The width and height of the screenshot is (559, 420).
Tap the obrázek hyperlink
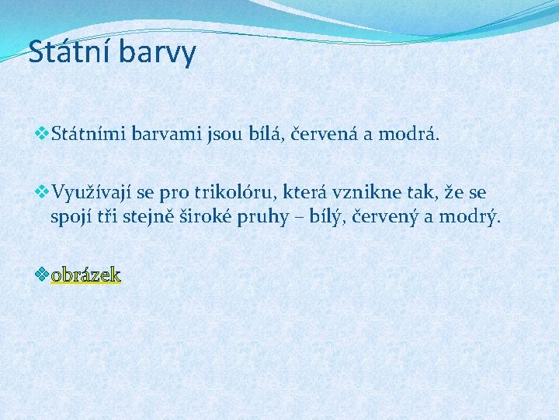point(85,275)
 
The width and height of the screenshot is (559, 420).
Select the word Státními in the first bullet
point(85,135)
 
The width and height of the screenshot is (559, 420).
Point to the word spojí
point(68,216)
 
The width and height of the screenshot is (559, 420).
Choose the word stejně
point(151,216)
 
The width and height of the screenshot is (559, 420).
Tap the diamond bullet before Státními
point(43,135)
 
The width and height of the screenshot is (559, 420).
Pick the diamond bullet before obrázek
point(43,274)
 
